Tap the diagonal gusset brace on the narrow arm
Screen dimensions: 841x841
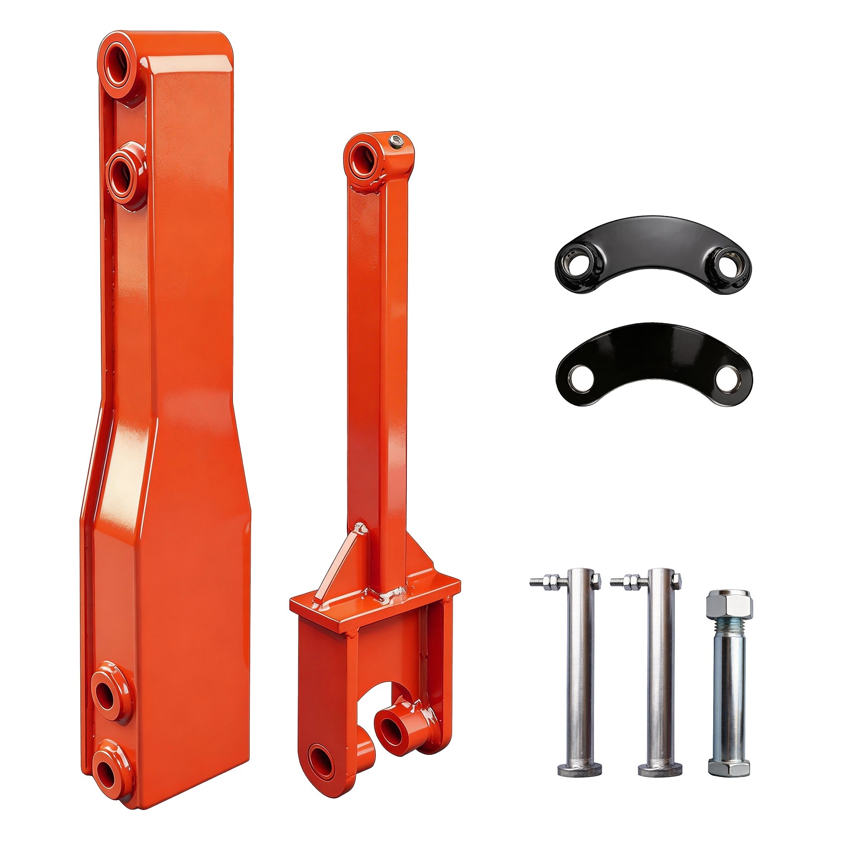pyautogui.click(x=341, y=562)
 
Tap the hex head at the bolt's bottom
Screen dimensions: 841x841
pyautogui.click(x=728, y=767)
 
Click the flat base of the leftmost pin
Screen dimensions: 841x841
pyautogui.click(x=579, y=770)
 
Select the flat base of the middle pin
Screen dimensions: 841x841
pyautogui.click(x=660, y=770)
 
